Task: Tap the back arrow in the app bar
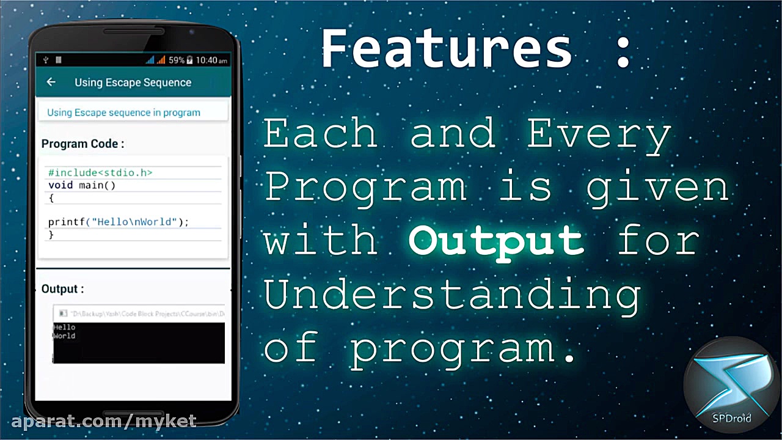coord(51,82)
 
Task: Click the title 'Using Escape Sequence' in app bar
coord(133,82)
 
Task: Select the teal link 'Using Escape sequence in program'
coord(123,112)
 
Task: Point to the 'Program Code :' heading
coord(82,144)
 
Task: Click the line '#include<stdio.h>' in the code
coord(100,173)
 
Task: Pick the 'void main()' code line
coord(82,185)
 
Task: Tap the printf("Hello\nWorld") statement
coord(119,222)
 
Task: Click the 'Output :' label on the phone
coord(62,289)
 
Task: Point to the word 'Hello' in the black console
coord(64,328)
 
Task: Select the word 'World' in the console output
coord(64,336)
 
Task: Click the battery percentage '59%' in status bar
coord(176,61)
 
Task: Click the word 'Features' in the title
coord(447,49)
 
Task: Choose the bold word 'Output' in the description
coord(496,240)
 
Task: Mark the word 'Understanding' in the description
coord(452,294)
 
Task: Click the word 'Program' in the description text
coord(365,188)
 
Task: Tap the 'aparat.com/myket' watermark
coord(104,421)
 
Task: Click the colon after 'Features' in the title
coord(623,49)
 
